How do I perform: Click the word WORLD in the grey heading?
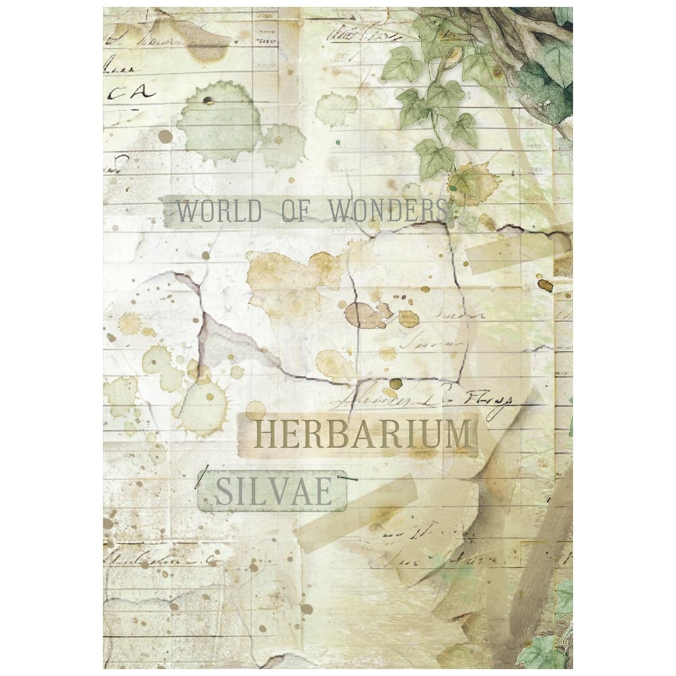218,212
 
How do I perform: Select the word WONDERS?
387,211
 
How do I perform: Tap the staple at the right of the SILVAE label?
349,478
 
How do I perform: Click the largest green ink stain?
218,125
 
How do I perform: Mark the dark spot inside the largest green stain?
208,101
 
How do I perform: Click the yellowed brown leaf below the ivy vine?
473,183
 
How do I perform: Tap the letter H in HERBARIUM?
266,435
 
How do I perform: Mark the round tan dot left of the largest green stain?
165,137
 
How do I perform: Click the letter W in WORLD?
187,212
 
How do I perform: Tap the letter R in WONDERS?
429,211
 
